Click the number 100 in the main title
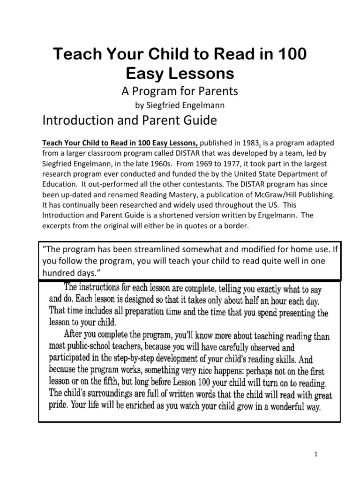pyautogui.click(x=292, y=54)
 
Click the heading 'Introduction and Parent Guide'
pyautogui.click(x=130, y=120)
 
